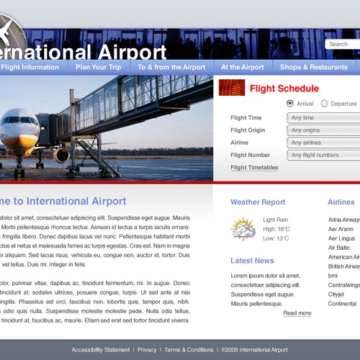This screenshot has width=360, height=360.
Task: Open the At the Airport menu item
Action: pyautogui.click(x=242, y=67)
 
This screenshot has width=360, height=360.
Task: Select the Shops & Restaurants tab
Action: pyautogui.click(x=313, y=67)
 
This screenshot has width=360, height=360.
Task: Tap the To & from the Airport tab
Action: pyautogui.click(x=171, y=67)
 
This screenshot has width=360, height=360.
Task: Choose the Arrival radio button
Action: pyautogui.click(x=290, y=104)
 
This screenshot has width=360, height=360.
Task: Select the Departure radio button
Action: pyautogui.click(x=324, y=104)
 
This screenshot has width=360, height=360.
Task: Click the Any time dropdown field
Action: pyautogui.click(x=323, y=118)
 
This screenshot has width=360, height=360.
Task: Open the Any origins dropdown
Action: pyautogui.click(x=323, y=130)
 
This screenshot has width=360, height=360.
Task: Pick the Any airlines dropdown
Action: pyautogui.click(x=323, y=143)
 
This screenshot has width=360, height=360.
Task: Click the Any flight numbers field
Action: pyautogui.click(x=323, y=155)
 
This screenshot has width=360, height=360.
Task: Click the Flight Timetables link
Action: pyautogui.click(x=254, y=168)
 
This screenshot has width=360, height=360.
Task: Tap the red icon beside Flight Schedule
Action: pyautogui.click(x=232, y=89)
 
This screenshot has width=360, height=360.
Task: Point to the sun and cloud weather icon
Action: pyautogui.click(x=243, y=229)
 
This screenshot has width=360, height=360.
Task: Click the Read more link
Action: pyautogui.click(x=297, y=313)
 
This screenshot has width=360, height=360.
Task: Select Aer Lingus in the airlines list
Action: pyautogui.click(x=341, y=238)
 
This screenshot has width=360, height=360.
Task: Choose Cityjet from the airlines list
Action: pyautogui.click(x=336, y=294)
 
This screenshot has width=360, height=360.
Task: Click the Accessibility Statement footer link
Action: pyautogui.click(x=101, y=350)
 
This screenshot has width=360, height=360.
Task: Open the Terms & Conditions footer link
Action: pyautogui.click(x=189, y=350)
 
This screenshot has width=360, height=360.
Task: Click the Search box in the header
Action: pyautogui.click(x=342, y=44)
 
